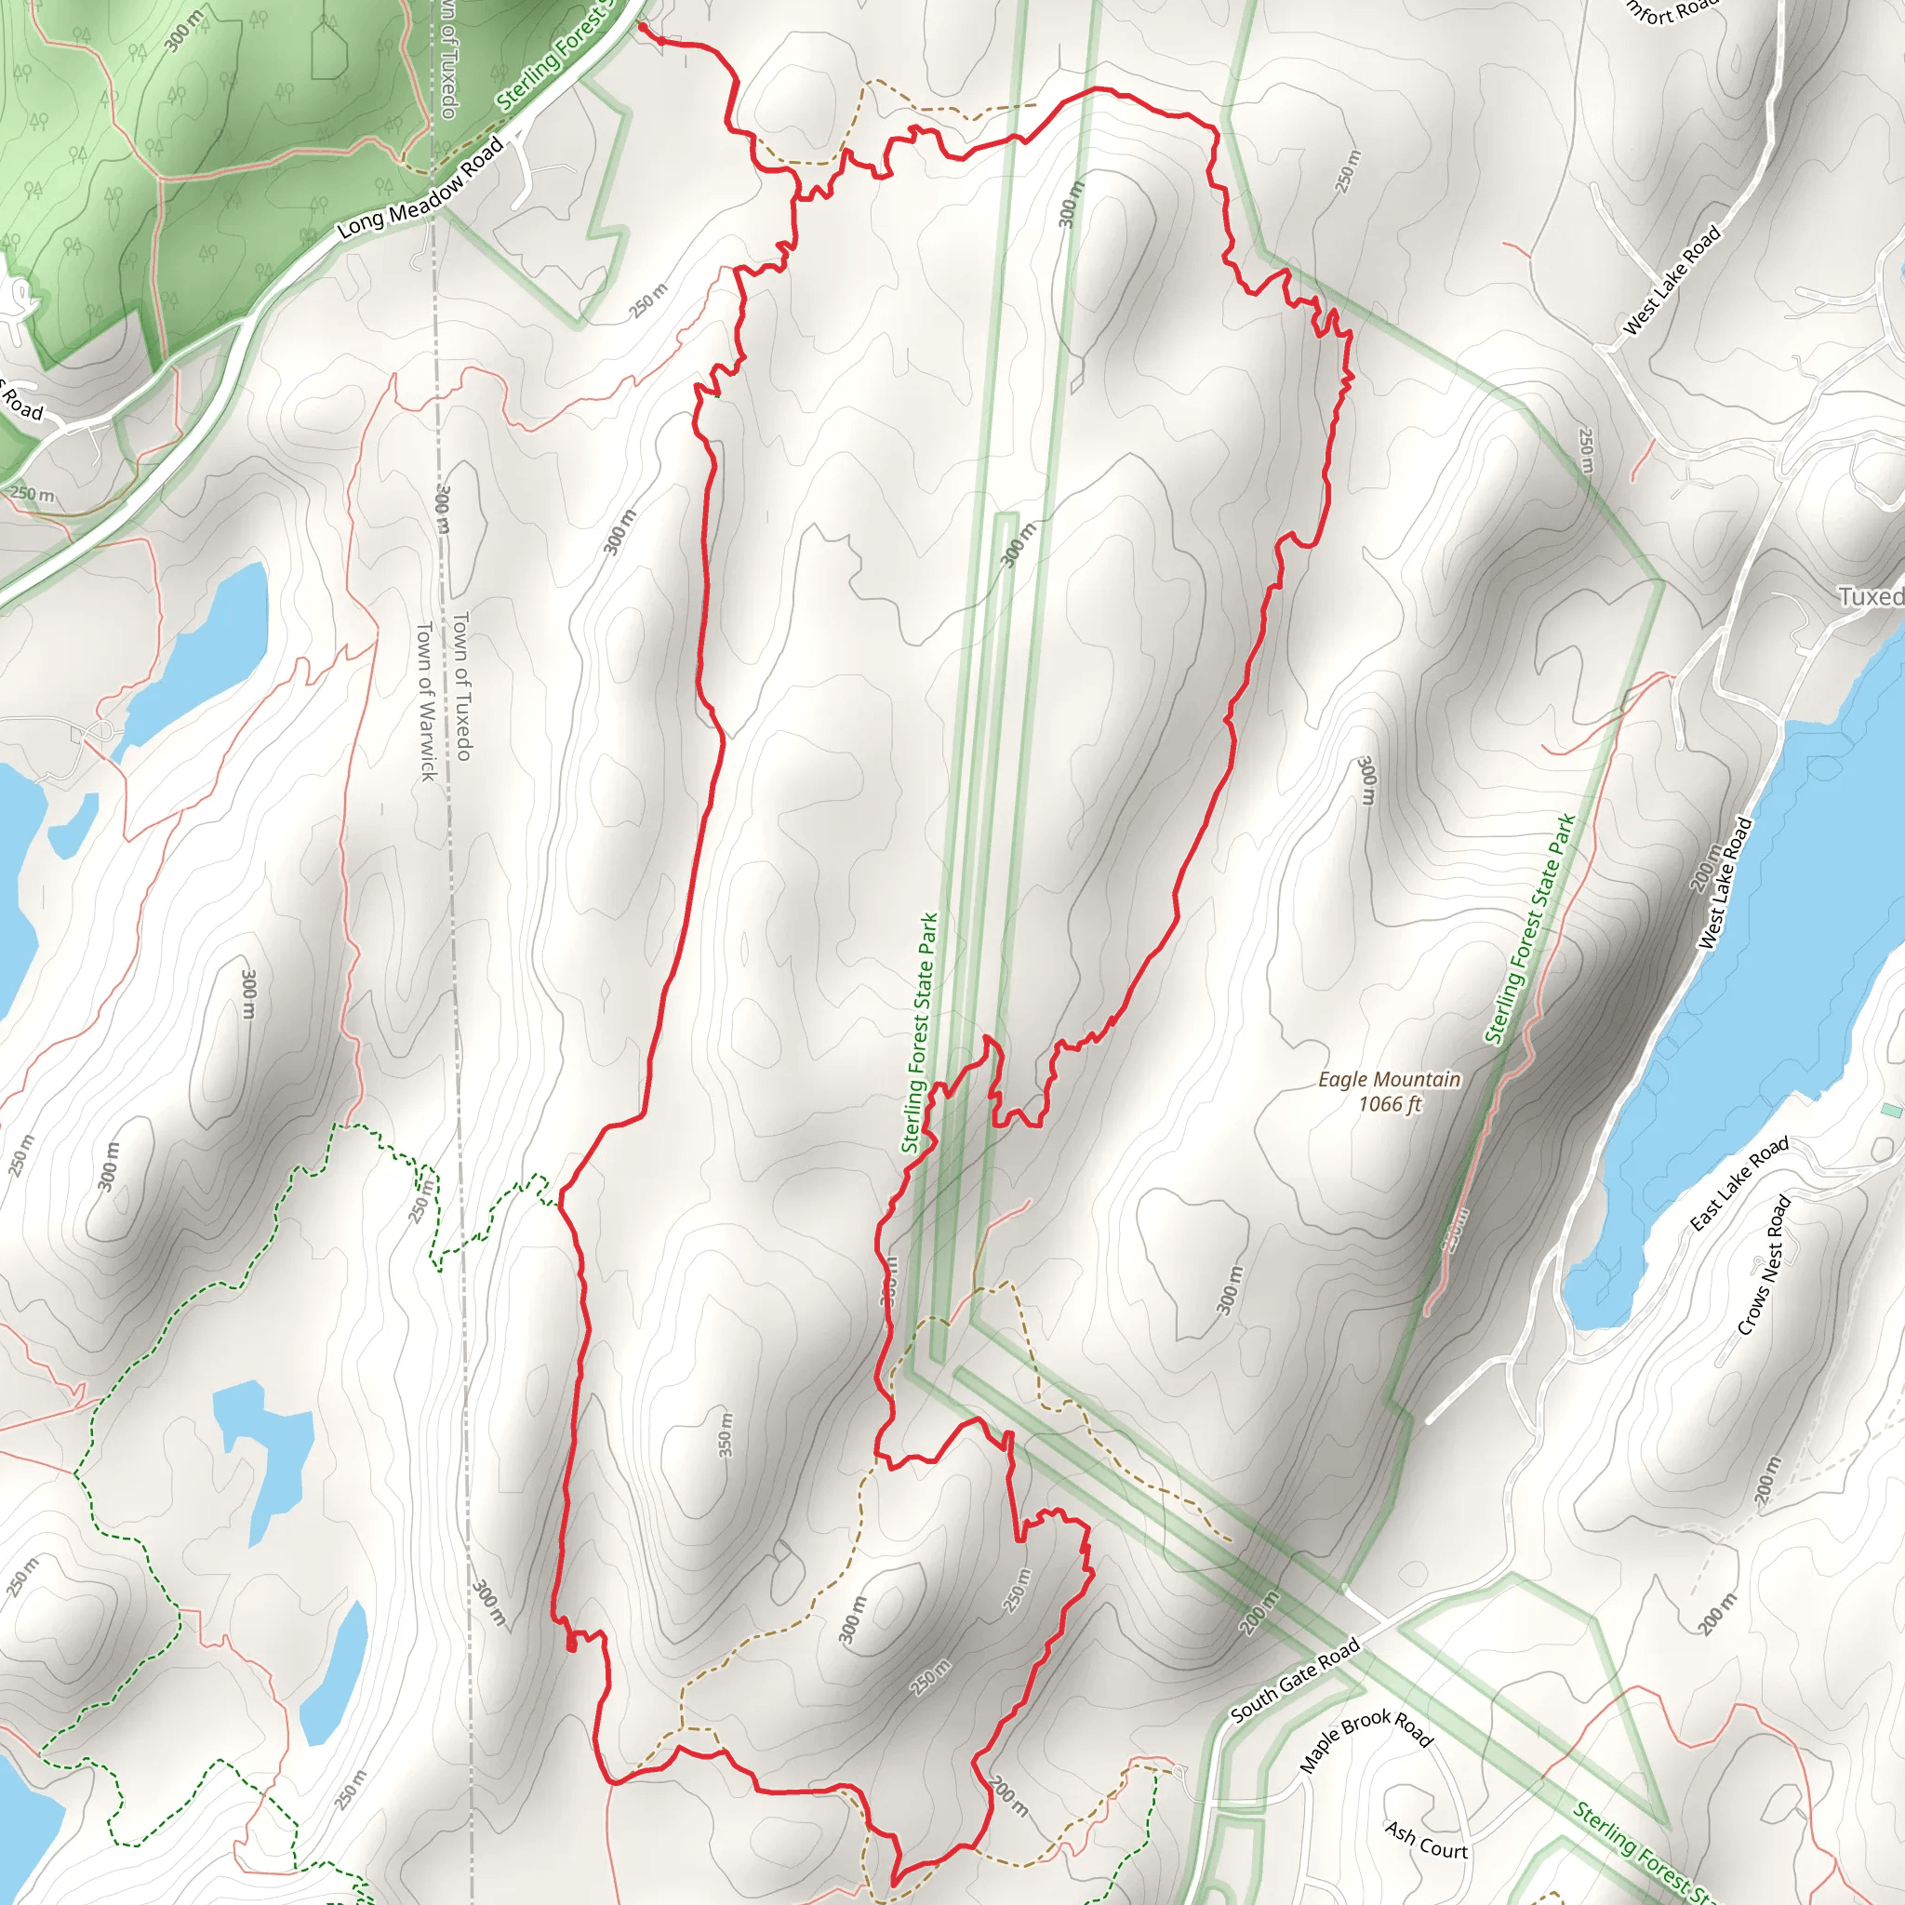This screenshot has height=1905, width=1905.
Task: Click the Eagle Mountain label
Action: click(x=1390, y=1080)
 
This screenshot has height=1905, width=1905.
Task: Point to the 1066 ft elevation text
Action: click(x=1390, y=1104)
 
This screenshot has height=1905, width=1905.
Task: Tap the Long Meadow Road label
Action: click(x=421, y=188)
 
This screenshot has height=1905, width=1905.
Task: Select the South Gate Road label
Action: click(x=1296, y=1679)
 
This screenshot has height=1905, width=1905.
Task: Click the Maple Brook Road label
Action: click(x=1365, y=1741)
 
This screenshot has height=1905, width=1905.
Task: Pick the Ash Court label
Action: click(x=1427, y=1840)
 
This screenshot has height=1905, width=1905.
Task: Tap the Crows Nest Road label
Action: click(x=1764, y=1266)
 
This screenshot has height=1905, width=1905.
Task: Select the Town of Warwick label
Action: click(x=426, y=700)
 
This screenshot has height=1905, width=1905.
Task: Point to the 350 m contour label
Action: click(x=726, y=1435)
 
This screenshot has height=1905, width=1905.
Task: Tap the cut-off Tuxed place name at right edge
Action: click(x=1871, y=596)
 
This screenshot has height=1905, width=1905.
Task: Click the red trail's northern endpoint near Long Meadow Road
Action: click(x=642, y=27)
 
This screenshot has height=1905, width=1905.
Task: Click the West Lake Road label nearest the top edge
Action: click(x=1672, y=280)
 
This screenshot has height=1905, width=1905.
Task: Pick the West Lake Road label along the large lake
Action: click(x=1725, y=884)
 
